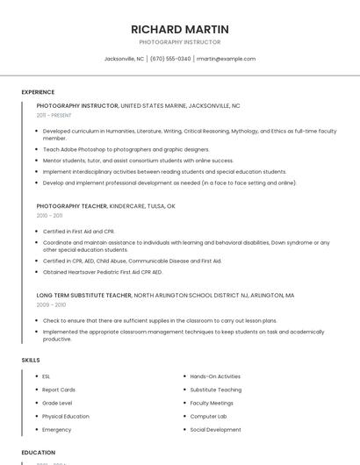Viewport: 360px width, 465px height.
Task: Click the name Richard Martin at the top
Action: click(179, 29)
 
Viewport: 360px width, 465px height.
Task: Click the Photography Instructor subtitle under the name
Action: click(179, 42)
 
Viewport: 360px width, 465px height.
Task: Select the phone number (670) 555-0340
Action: click(170, 59)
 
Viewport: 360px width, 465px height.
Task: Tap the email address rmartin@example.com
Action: click(226, 59)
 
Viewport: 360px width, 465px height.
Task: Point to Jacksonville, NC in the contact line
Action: click(124, 59)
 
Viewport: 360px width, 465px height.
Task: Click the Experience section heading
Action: click(38, 92)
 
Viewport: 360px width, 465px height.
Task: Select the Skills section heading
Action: click(31, 360)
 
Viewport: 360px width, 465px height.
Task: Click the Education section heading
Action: click(39, 453)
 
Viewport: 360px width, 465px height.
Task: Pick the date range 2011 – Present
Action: click(54, 115)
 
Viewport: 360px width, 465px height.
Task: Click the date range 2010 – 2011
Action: click(49, 215)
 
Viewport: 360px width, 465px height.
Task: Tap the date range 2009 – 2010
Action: click(51, 304)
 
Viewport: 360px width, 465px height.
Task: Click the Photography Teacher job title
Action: click(71, 205)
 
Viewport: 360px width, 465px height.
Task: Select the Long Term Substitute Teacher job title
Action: click(83, 296)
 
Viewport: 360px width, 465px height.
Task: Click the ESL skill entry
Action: click(47, 376)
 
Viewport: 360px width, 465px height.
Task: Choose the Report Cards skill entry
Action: click(59, 390)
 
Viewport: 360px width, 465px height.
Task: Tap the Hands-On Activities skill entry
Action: click(215, 376)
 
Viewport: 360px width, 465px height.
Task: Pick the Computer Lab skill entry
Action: click(208, 416)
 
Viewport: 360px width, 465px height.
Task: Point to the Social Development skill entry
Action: click(215, 430)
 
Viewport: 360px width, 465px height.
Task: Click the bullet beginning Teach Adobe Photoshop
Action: click(126, 149)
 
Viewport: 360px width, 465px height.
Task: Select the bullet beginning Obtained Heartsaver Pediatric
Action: click(103, 272)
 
